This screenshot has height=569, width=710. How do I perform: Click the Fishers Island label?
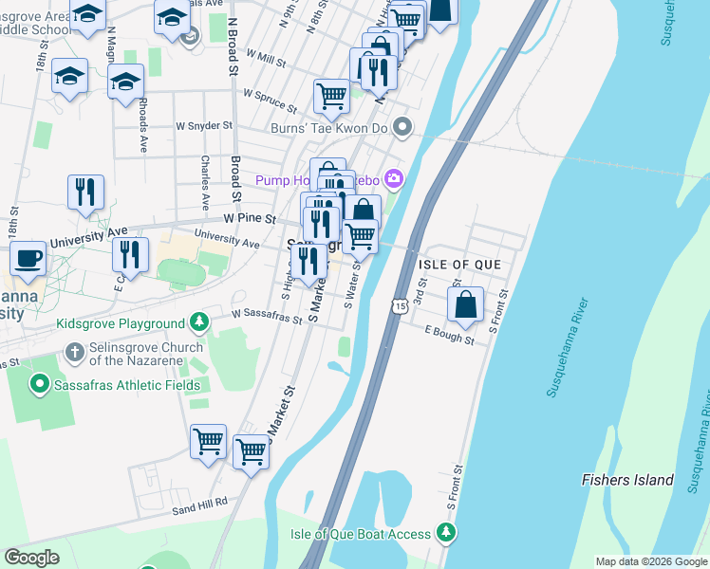627,480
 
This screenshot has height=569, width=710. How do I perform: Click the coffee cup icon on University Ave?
28,258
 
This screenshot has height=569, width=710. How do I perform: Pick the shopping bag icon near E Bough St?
465,305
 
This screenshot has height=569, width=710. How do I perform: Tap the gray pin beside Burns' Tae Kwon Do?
403,126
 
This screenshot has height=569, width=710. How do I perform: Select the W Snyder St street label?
204,125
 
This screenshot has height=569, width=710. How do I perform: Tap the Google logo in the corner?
31,558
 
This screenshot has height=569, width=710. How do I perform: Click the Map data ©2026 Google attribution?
651,561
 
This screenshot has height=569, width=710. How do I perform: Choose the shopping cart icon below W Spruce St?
331,95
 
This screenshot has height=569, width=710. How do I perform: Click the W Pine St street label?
249,218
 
